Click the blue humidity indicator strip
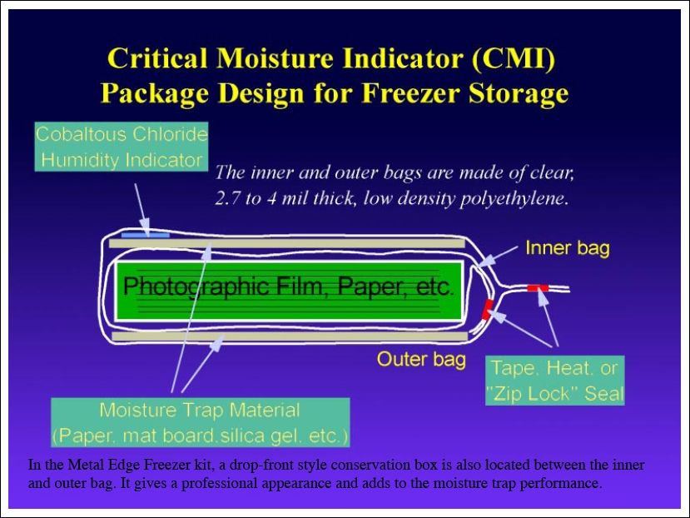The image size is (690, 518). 145,235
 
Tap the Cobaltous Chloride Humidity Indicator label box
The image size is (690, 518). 121,147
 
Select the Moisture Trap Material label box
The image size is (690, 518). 201,422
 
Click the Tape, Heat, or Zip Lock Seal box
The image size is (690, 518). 554,380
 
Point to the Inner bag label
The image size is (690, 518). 567,248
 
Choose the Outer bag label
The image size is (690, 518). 421,359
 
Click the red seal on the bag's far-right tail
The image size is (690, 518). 538,288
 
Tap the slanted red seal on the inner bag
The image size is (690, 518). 488,309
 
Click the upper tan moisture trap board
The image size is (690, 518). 287,243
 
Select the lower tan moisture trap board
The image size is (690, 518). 290,336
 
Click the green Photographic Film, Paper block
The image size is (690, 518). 288,291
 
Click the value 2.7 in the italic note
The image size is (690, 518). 227,198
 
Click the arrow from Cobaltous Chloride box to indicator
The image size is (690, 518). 142,209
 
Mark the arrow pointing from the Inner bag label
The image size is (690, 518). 498,257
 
